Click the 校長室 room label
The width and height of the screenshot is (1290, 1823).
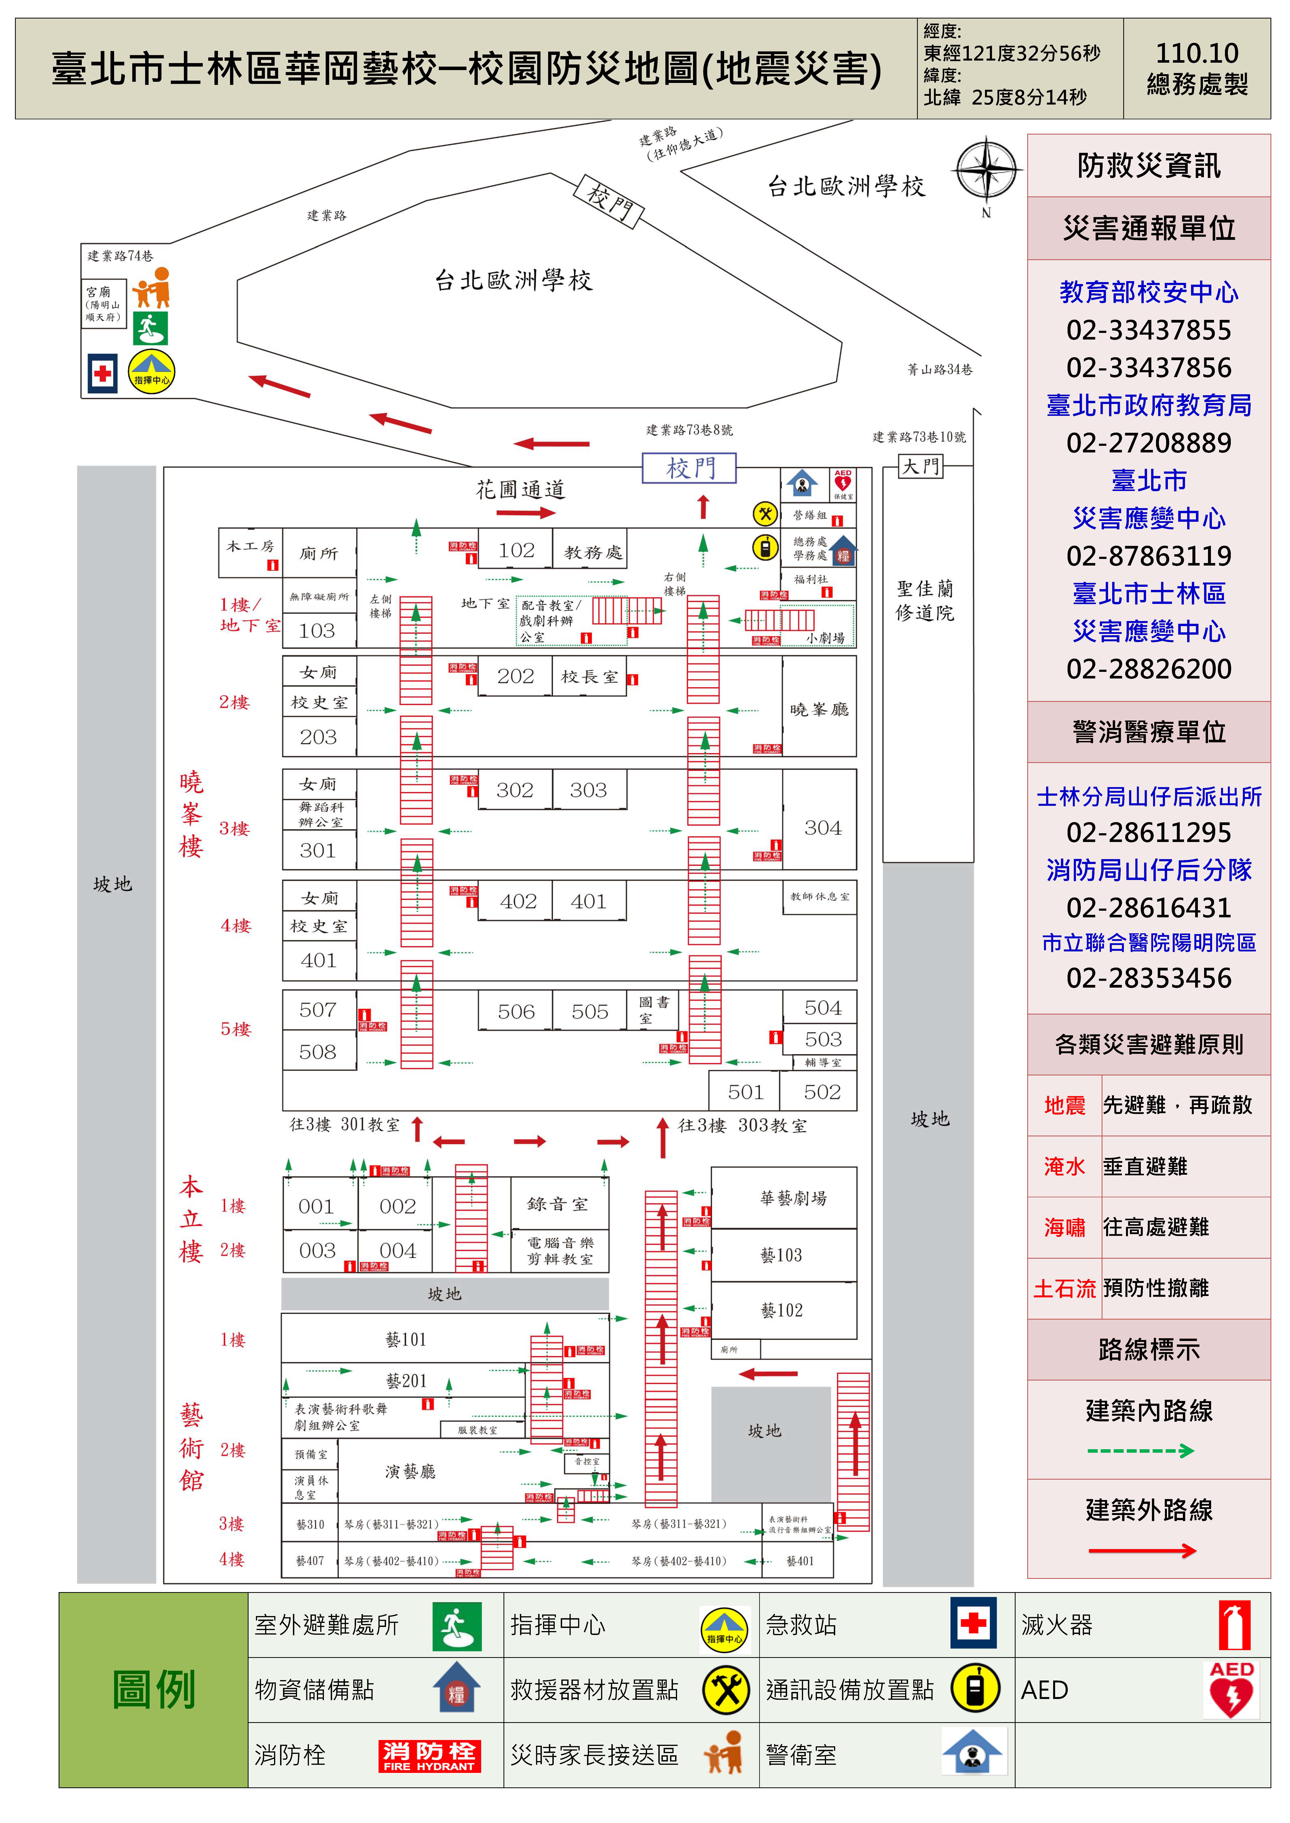[589, 677]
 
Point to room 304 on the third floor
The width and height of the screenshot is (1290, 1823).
[822, 828]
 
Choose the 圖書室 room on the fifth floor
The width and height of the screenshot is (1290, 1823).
[653, 1010]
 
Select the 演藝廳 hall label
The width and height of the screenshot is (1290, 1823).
[410, 1471]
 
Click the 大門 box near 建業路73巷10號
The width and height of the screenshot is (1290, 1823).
[920, 466]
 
